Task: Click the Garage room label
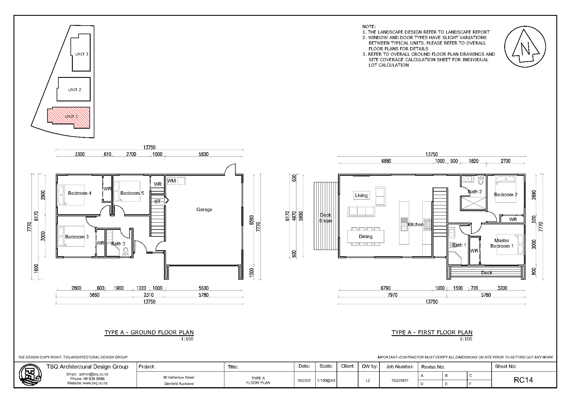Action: (204, 209)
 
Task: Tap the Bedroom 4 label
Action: (79, 193)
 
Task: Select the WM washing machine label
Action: (171, 181)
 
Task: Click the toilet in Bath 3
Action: (126, 252)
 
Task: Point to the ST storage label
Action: (157, 201)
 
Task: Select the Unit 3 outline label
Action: (82, 54)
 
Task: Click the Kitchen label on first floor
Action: (415, 224)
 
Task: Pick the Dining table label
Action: (366, 236)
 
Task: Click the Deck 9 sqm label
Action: (325, 218)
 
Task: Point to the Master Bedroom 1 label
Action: (502, 243)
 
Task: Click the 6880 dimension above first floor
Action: (386, 161)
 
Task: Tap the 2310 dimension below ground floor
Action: (148, 295)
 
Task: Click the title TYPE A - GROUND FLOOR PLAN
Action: (149, 332)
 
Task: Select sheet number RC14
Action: (523, 380)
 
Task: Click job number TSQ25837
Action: (400, 380)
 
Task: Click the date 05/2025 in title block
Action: (304, 380)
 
